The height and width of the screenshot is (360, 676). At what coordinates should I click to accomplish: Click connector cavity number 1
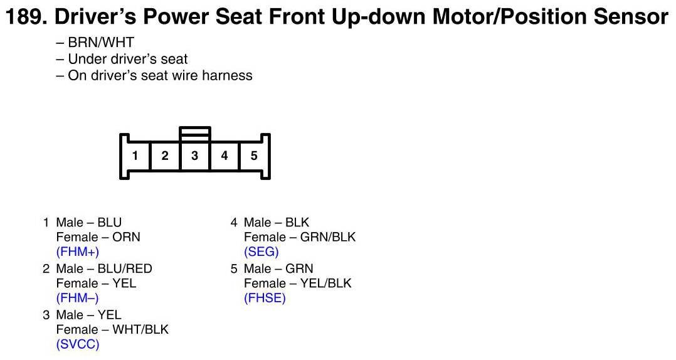(x=135, y=156)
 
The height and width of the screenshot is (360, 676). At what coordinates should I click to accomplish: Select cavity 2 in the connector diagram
(x=165, y=156)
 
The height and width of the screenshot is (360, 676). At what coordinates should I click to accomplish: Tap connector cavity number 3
(x=194, y=156)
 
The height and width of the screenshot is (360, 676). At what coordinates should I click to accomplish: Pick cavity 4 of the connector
(x=224, y=156)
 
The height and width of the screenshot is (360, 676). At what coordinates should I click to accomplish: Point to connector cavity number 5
(x=254, y=156)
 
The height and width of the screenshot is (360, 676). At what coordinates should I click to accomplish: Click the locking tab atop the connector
(x=194, y=133)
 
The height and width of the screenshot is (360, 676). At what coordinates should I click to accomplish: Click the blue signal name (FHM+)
(x=77, y=252)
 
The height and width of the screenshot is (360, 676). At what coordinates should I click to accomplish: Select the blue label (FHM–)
(x=77, y=298)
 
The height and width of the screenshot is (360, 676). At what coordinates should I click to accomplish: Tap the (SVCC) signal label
(x=78, y=344)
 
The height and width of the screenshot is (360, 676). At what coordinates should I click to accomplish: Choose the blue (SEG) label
(x=261, y=252)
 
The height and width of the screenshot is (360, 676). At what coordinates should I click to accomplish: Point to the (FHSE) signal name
(x=265, y=298)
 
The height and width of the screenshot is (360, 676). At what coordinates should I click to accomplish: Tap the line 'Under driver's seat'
(x=128, y=59)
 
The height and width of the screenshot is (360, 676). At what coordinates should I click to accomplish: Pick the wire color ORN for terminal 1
(x=127, y=237)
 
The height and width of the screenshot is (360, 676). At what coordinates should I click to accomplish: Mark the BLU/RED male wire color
(x=125, y=268)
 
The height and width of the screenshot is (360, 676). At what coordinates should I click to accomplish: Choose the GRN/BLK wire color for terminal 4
(x=328, y=237)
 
